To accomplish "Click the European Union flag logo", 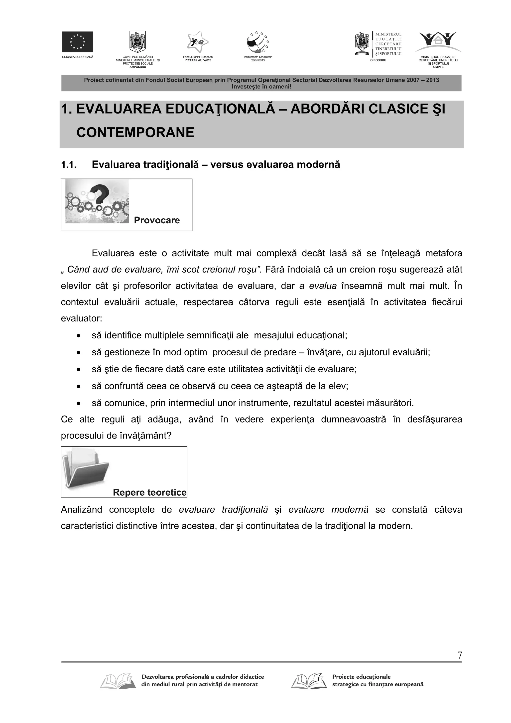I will pyautogui.click(x=77, y=42).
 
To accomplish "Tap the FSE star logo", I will pyautogui.click(x=197, y=42).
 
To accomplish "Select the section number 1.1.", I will pyautogui.click(x=69, y=165).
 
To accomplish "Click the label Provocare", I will pyautogui.click(x=157, y=220).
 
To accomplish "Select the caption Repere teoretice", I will pyautogui.click(x=149, y=492).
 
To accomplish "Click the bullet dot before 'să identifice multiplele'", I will pyautogui.click(x=78, y=336).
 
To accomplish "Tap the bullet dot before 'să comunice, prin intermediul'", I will pyautogui.click(x=78, y=403).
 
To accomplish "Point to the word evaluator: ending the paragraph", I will pyautogui.click(x=82, y=318).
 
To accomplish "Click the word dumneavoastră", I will pyautogui.click(x=353, y=420).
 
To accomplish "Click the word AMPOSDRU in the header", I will pyautogui.click(x=137, y=67).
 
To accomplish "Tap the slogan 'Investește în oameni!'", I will pyautogui.click(x=261, y=86).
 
